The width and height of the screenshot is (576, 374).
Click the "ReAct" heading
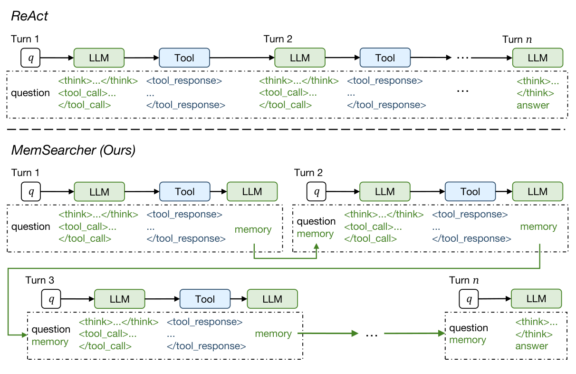pos(29,16)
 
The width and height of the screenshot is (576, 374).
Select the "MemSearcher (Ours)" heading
pos(73,150)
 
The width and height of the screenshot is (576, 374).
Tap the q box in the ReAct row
pos(31,58)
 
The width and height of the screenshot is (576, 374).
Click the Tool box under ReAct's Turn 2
pos(385,58)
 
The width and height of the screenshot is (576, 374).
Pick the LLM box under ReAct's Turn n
pos(538,58)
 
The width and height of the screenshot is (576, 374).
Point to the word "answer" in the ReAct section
pos(533,105)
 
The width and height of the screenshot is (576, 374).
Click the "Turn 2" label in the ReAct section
pos(278,39)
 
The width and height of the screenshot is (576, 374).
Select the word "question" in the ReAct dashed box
pos(31,93)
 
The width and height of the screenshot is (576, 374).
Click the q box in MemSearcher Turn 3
pos(52,299)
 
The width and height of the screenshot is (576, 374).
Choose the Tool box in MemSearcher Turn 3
pos(205,299)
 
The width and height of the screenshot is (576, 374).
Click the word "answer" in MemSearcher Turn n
pos(532,346)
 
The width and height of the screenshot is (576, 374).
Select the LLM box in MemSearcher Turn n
pos(536,299)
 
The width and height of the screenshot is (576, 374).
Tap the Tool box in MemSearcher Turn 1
pos(184,192)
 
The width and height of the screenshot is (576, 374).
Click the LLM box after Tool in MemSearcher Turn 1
pos(252,192)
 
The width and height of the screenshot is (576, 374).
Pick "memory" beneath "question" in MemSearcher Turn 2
pos(315,234)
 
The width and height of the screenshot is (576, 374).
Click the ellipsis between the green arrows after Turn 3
pos(371,334)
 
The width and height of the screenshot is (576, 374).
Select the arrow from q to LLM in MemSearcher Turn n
pos(495,299)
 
